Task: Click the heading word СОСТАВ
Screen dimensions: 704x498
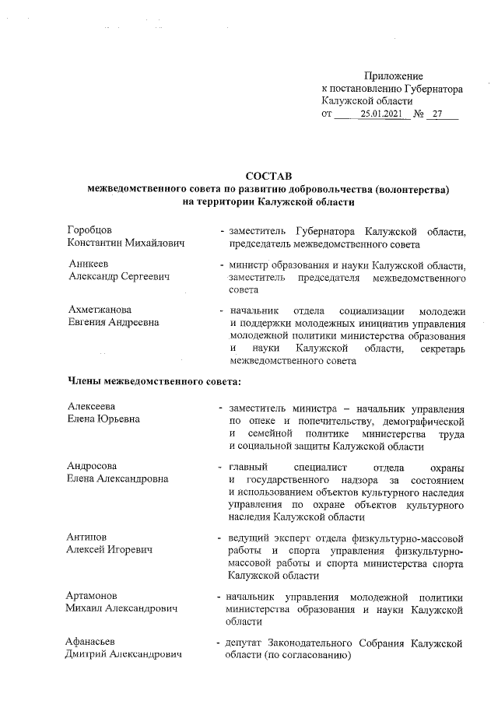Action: point(268,176)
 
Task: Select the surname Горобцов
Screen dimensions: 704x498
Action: point(90,231)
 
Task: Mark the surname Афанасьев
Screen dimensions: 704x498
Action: point(91,642)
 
